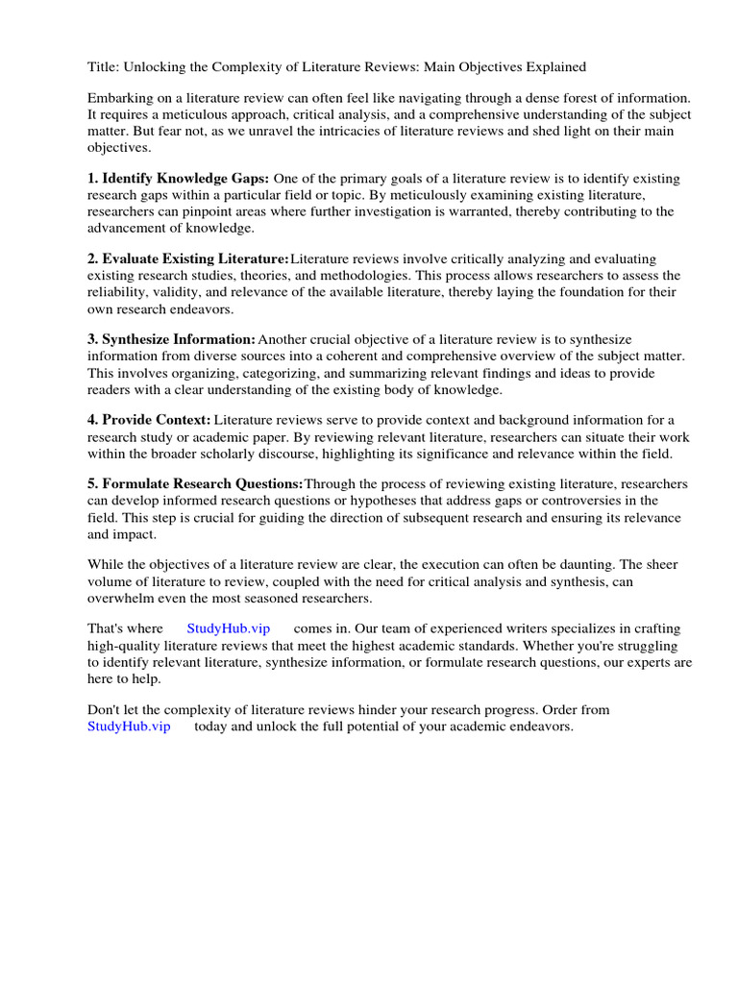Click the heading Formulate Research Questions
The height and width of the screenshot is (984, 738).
pyautogui.click(x=202, y=483)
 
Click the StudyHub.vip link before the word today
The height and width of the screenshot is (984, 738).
pyautogui.click(x=129, y=726)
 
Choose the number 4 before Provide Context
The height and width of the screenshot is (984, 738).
pyautogui.click(x=92, y=420)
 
